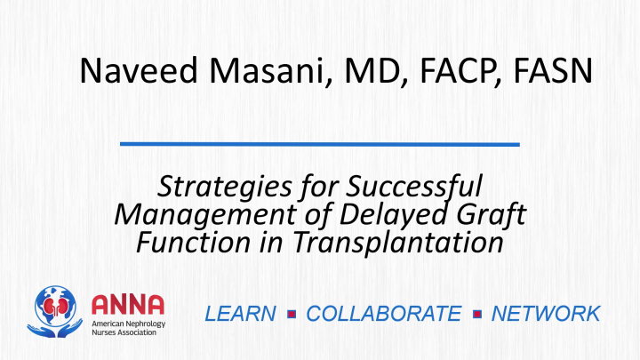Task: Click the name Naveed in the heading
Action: point(139,70)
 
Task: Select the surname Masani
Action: point(270,70)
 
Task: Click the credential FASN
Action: point(553,70)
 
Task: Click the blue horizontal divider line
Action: point(320,144)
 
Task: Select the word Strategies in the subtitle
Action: point(224,188)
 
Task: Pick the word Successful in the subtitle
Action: point(414,187)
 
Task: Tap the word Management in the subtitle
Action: point(205,215)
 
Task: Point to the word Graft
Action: point(491,214)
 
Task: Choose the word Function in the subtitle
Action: point(193,242)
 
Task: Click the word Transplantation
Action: point(398,243)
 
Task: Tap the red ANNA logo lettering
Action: point(128,305)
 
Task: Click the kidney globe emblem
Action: point(55,312)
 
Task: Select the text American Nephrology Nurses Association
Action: point(128,328)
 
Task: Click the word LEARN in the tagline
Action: point(240,314)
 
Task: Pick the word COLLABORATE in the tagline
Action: point(384,314)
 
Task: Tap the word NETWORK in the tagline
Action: point(546,314)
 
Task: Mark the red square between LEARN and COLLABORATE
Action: point(292,314)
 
